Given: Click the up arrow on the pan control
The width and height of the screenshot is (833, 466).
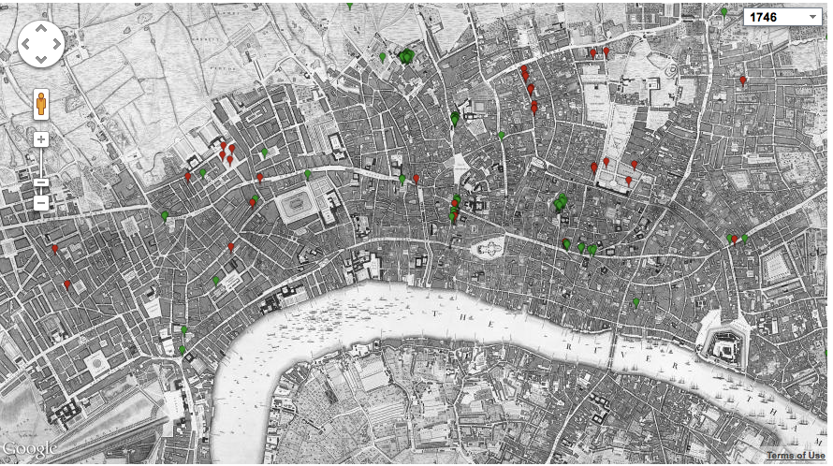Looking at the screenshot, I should click(x=41, y=28).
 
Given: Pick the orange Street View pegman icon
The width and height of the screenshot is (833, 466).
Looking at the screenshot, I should click(x=41, y=104).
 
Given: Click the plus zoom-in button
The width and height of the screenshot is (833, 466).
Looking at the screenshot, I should click(x=41, y=139).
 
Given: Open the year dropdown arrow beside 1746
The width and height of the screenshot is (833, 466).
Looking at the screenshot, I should click(x=811, y=17).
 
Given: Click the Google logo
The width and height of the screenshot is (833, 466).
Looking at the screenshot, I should click(x=29, y=449).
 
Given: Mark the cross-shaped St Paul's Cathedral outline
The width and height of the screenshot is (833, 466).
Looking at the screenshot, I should click(x=488, y=247).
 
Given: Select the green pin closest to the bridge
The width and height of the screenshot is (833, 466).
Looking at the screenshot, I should click(x=636, y=303).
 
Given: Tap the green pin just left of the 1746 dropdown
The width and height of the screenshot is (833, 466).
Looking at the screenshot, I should click(x=723, y=12).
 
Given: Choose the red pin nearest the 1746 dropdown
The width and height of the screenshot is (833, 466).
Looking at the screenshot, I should click(x=743, y=80).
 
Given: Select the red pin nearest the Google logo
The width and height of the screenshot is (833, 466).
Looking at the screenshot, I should click(x=66, y=284).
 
